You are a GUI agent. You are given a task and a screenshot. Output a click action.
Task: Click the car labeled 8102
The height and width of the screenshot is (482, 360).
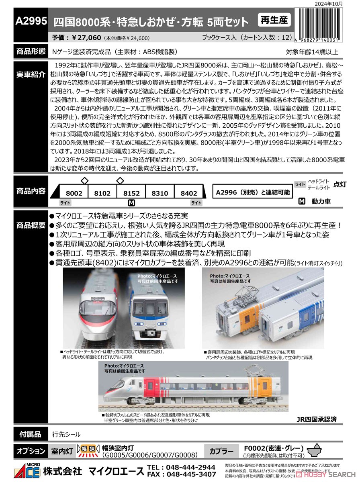(x=102, y=193)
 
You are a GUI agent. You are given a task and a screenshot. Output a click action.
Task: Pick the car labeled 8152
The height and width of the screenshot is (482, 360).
(x=131, y=193)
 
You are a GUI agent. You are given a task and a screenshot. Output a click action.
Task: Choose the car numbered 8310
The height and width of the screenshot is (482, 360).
(x=160, y=193)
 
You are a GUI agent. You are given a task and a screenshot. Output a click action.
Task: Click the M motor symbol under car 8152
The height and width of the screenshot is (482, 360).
(x=131, y=203)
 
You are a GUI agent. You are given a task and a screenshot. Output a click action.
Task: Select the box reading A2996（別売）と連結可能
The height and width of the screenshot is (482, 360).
(x=252, y=192)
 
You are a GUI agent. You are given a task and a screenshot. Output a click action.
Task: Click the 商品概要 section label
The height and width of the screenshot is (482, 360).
(x=31, y=225)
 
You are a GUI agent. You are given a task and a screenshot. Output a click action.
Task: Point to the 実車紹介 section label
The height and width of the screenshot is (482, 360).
(x=31, y=75)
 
